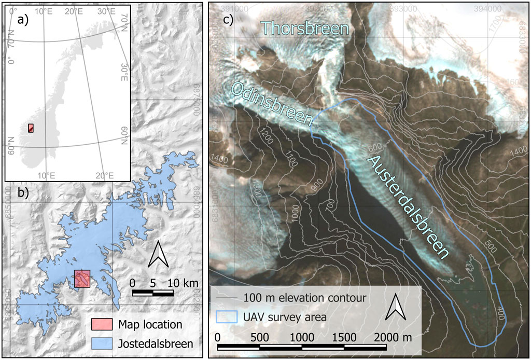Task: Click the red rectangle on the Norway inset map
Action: (x=31, y=128)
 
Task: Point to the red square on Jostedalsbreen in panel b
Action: (x=82, y=279)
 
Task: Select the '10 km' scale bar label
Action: (x=182, y=283)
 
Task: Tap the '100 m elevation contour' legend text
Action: (x=304, y=298)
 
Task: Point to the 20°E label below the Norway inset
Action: (x=106, y=175)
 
